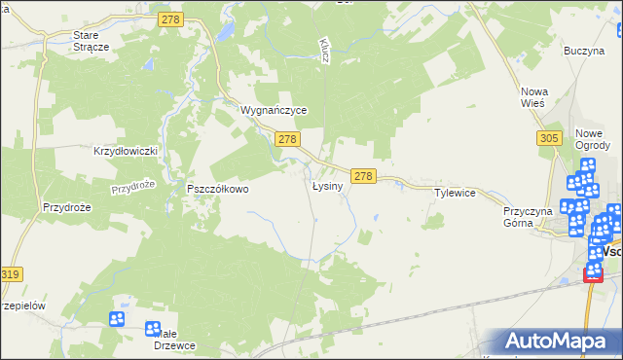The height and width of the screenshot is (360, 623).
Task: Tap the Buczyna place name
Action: tap(584, 50)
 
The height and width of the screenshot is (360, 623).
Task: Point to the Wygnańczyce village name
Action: tap(274, 111)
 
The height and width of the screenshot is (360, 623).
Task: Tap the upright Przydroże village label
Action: tap(66, 207)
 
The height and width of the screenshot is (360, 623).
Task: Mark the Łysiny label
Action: tap(326, 186)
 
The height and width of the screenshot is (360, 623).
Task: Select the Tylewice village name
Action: tap(455, 193)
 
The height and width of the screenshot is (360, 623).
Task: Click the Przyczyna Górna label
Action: tap(528, 216)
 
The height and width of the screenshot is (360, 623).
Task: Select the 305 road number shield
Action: tap(548, 139)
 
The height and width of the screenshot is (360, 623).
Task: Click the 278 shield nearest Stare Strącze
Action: tap(171, 19)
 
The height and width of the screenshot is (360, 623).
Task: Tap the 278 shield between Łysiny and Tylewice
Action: tap(363, 176)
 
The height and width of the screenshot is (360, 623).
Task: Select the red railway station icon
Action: tap(593, 274)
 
